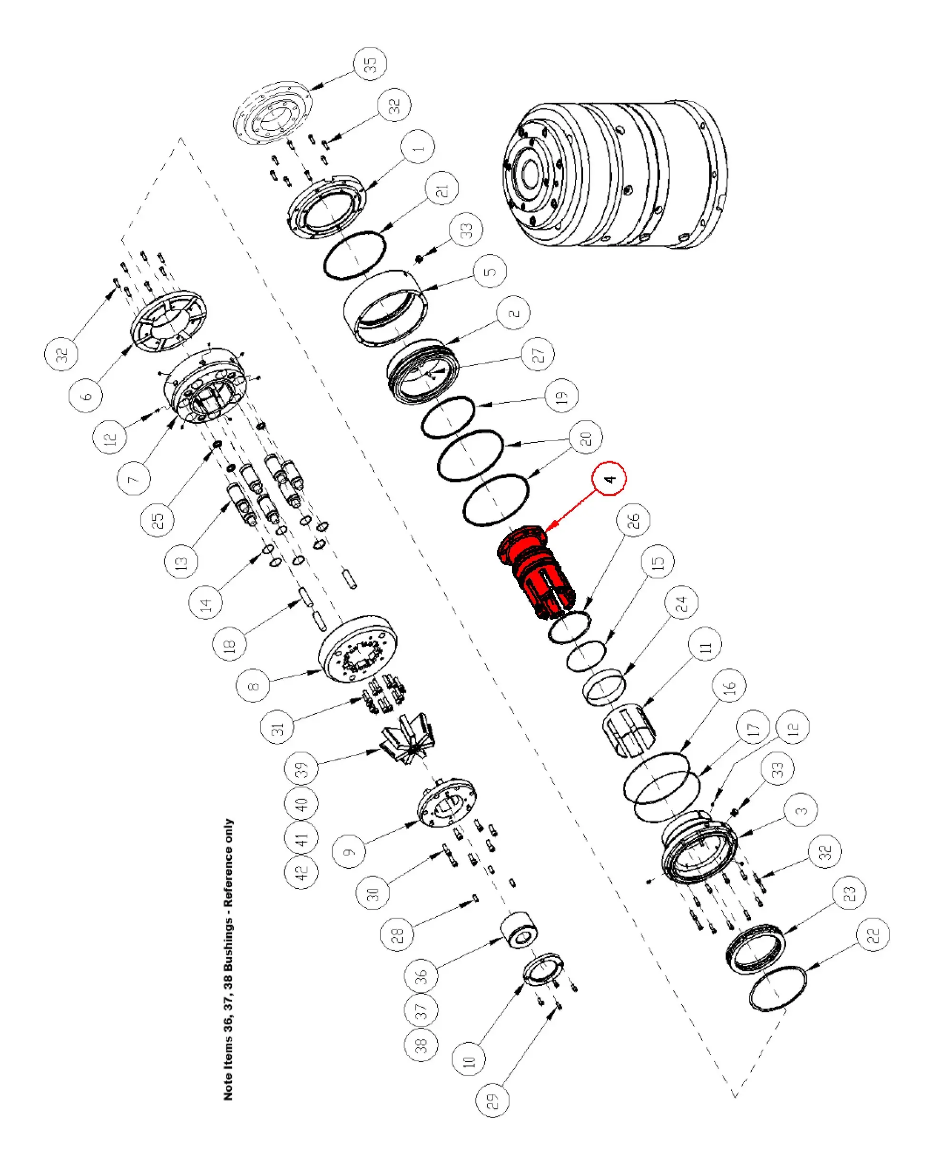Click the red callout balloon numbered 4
[x=609, y=478]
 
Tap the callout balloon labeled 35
[x=370, y=64]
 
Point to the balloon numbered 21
[x=442, y=189]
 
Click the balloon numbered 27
[x=538, y=354]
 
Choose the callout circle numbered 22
[x=873, y=934]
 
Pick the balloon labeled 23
[x=849, y=893]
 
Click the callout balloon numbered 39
[x=301, y=768]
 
